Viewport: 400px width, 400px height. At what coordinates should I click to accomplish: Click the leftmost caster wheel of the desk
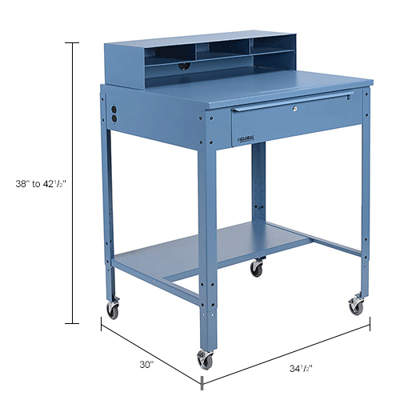point(112,309)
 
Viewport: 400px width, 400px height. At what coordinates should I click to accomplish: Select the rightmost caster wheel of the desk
point(354,305)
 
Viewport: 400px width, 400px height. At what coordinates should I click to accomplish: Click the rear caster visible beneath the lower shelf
point(256,268)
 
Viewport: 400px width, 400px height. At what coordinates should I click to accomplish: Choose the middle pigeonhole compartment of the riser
point(218,51)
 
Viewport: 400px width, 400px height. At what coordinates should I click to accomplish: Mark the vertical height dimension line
point(76,182)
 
